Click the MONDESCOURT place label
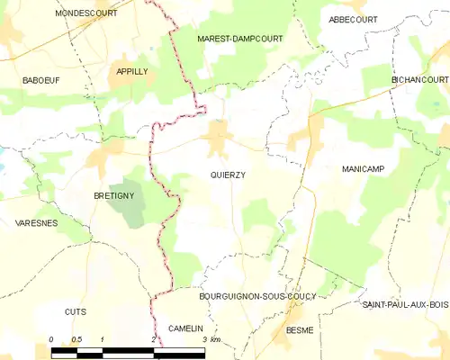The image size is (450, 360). (86, 13)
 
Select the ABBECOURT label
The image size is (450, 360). (353, 19)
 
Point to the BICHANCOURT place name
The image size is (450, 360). (419, 80)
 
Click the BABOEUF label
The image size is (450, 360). (40, 80)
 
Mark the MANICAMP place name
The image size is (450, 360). (364, 169)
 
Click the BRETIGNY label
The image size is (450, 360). (114, 194)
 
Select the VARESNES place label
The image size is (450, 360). (38, 221)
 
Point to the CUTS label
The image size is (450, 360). (75, 311)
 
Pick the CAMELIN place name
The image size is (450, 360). (186, 329)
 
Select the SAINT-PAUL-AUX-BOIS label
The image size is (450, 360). (405, 305)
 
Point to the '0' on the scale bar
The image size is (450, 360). (51, 339)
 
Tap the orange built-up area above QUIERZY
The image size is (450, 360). (217, 139)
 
